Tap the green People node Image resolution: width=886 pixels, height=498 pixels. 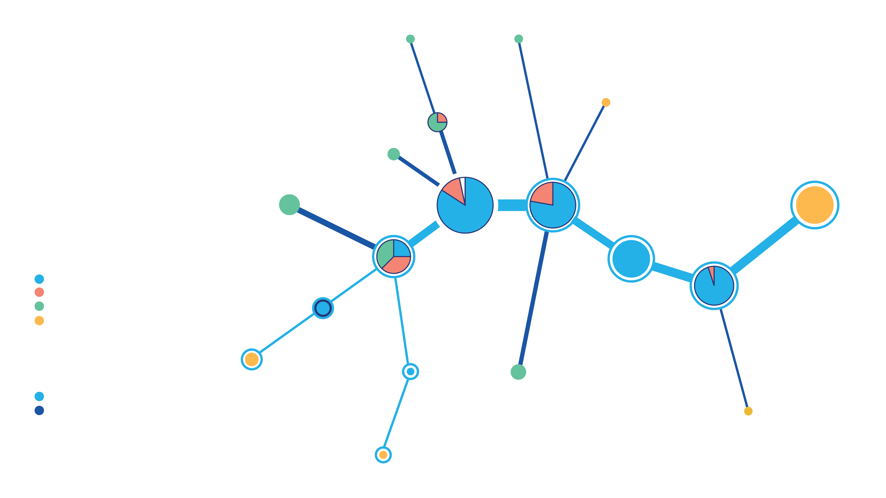(410, 39)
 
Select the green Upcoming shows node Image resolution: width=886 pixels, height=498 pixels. (519, 39)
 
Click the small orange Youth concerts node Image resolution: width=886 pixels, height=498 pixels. (606, 102)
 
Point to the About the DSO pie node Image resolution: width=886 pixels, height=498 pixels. (437, 122)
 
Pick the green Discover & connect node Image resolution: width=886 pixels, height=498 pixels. (393, 154)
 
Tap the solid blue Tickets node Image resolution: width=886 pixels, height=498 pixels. (631, 258)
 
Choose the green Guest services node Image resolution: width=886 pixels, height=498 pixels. (518, 372)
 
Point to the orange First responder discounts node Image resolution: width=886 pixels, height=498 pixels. (748, 411)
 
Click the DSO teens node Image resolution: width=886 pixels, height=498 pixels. (323, 308)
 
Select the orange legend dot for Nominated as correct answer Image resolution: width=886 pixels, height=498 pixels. (39, 321)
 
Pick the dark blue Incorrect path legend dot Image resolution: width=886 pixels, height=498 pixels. (39, 411)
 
